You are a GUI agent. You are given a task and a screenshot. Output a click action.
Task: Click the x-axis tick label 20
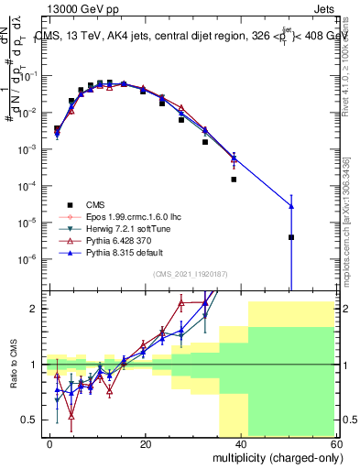point(146,443)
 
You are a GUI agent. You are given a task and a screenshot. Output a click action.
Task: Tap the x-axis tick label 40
point(241,443)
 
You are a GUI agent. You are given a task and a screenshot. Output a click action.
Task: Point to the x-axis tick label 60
point(335,443)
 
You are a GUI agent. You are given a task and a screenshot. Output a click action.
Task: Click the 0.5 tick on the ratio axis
point(29,420)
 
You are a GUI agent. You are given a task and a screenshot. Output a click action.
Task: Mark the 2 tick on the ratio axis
point(33,309)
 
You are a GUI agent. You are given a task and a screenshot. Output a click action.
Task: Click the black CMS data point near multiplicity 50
point(290,237)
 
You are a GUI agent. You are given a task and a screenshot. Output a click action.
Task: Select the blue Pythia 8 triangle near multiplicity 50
point(290,206)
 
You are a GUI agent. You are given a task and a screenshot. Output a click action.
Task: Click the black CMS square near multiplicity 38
point(234,180)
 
